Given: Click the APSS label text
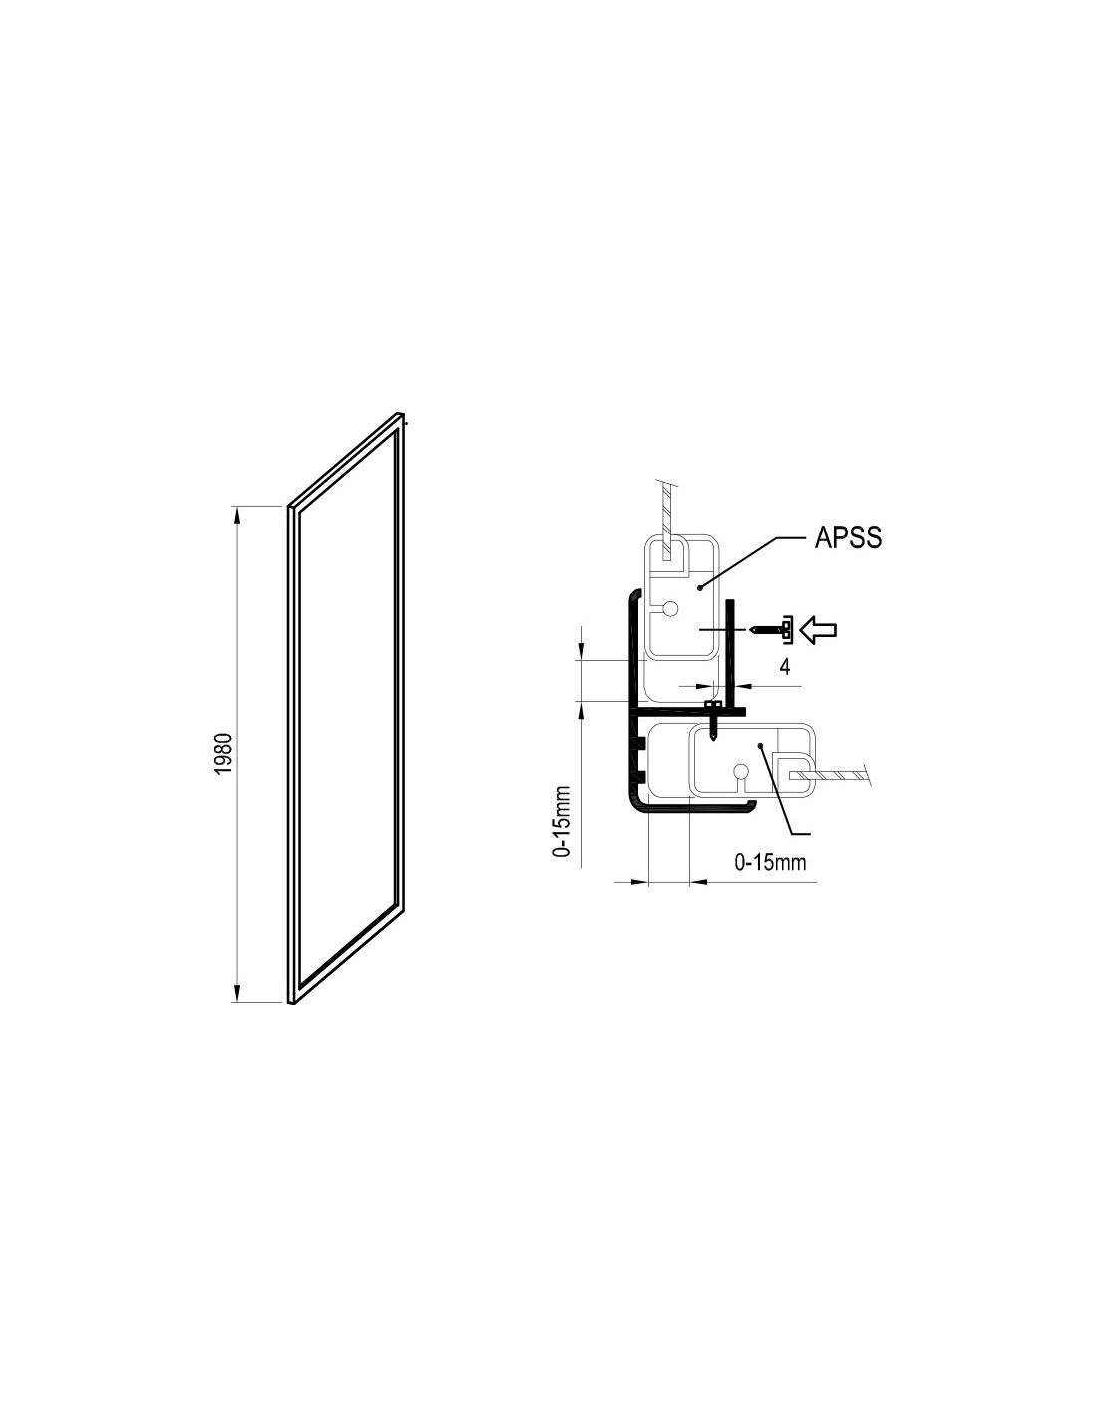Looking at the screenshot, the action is tap(848, 537).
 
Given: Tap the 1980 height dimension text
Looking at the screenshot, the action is tap(223, 754).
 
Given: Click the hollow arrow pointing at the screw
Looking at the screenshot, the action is tap(818, 629).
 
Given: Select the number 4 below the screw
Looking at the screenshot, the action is tap(785, 667).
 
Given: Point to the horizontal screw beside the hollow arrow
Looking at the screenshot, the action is tap(771, 629).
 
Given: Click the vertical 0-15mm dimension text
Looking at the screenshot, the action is tap(561, 820).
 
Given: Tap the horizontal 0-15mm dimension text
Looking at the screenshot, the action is tap(770, 862).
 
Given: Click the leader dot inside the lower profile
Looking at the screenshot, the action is tap(760, 745).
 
